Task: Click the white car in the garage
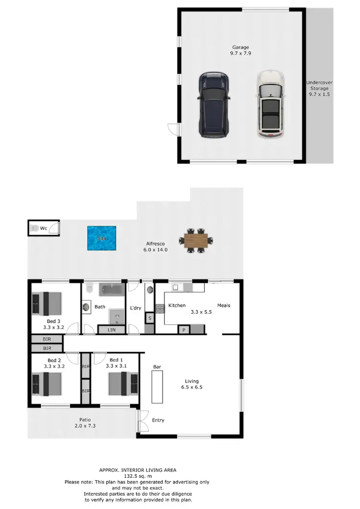coord(270,105)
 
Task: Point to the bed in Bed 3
coord(47,304)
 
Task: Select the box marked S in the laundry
coord(150,318)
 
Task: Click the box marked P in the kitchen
coord(183,330)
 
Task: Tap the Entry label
coord(158,420)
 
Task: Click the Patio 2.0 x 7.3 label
coord(82,423)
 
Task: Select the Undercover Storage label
coord(320,88)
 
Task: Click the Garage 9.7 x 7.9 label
coord(240,50)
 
